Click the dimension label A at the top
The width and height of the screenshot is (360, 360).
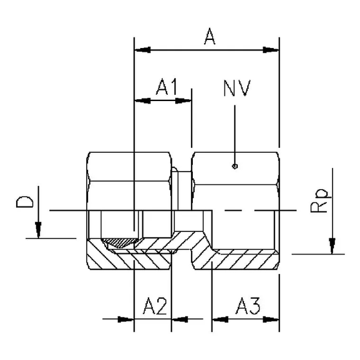(210, 37)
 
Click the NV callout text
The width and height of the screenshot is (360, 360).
(236, 89)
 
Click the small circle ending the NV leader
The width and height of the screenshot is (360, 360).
(234, 166)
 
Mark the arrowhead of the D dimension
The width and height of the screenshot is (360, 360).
(39, 231)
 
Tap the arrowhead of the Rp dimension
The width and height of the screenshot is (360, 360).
(333, 247)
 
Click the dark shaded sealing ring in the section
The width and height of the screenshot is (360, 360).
(120, 242)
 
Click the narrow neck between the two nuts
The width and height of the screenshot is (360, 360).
(181, 187)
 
